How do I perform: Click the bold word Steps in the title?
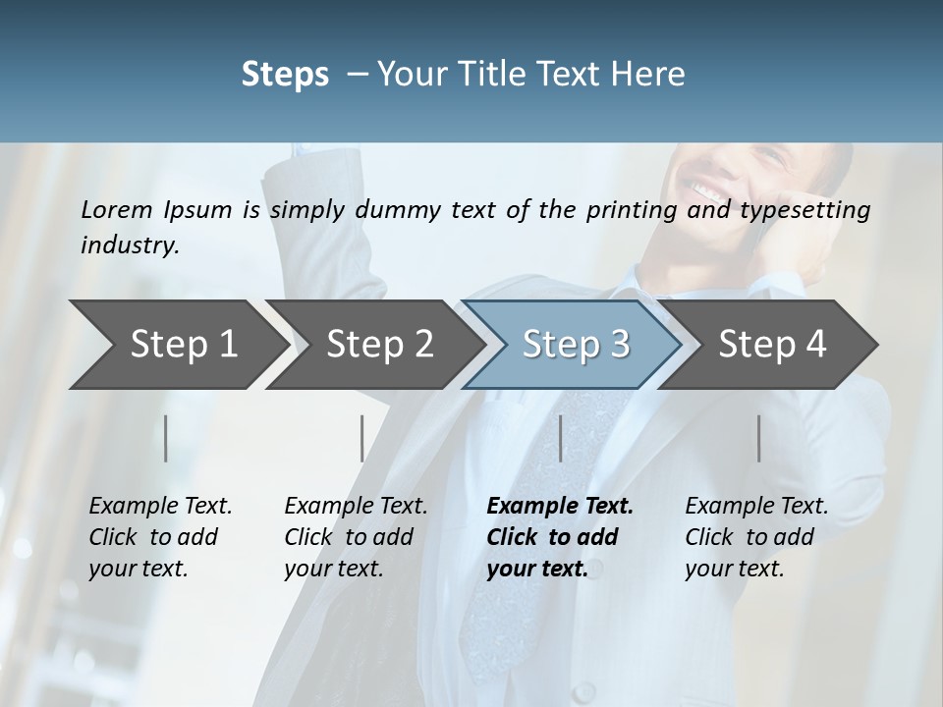[x=285, y=75]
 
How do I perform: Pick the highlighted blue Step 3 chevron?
[x=576, y=344]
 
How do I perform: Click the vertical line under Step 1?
[x=166, y=438]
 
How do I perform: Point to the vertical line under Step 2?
[x=362, y=438]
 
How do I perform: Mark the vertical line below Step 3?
[x=560, y=438]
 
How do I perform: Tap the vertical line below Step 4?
[x=759, y=438]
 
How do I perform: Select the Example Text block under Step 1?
[x=160, y=537]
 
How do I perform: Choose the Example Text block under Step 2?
[x=356, y=537]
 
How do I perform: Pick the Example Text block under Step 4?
[x=756, y=537]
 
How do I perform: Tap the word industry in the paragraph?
[x=129, y=245]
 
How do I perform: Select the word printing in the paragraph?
[x=629, y=210]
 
